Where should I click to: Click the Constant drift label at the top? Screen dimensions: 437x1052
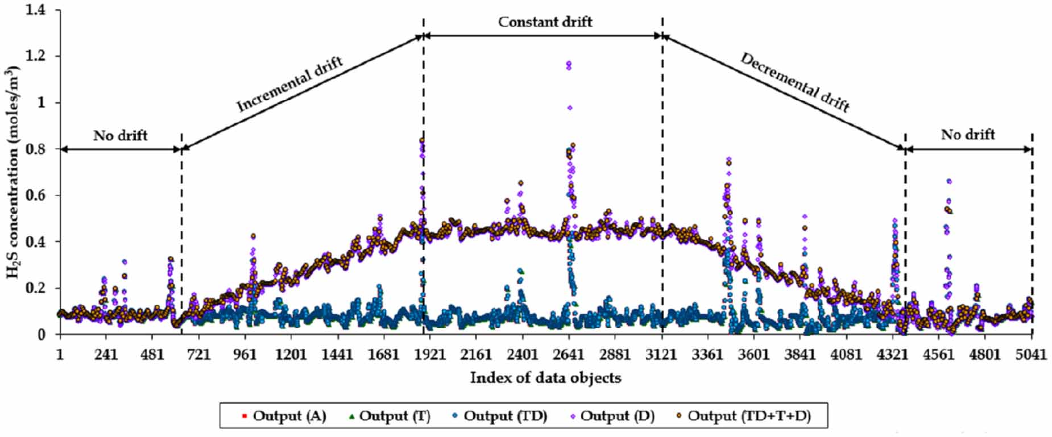(545, 22)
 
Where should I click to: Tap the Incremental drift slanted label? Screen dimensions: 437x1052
(289, 85)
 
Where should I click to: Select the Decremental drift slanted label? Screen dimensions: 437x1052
(794, 83)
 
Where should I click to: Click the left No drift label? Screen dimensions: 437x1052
(120, 136)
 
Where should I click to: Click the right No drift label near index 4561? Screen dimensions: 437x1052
(967, 135)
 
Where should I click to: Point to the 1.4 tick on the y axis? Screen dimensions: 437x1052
(36, 10)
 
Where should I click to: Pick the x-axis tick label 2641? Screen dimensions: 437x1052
(568, 355)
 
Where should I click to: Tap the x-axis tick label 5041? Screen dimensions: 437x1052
(1030, 355)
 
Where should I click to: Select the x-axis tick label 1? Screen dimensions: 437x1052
(60, 355)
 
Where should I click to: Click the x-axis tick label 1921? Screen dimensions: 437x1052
(429, 355)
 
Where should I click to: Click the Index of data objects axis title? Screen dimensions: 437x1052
(545, 378)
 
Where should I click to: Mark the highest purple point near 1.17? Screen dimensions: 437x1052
(569, 64)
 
